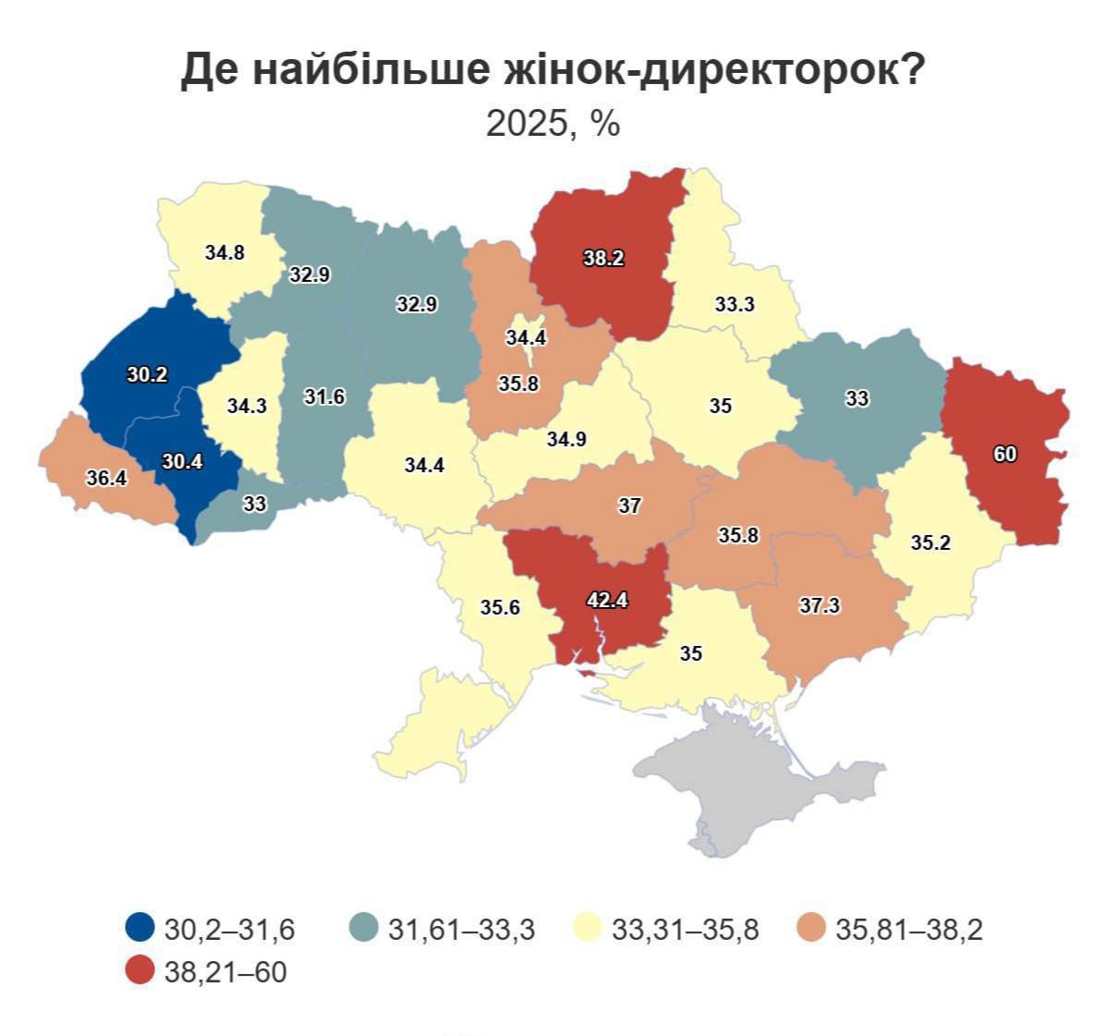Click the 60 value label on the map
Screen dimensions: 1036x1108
click(x=1005, y=454)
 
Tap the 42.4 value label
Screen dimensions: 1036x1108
click(x=607, y=600)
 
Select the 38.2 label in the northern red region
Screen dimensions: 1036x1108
click(x=603, y=259)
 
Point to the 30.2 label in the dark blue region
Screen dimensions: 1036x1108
click(x=147, y=375)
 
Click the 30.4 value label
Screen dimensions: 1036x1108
click(x=182, y=462)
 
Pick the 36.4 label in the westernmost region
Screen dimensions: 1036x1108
click(x=106, y=479)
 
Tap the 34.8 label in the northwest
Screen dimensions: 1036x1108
click(x=225, y=251)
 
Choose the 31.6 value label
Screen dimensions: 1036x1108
click(x=324, y=396)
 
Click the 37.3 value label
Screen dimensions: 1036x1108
click(x=820, y=605)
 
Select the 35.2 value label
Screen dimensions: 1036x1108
click(x=931, y=542)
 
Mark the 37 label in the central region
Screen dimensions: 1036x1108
click(x=629, y=506)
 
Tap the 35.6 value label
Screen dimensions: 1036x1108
click(x=500, y=607)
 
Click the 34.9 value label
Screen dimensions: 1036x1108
click(x=566, y=439)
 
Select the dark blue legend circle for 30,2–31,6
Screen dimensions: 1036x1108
click(x=140, y=929)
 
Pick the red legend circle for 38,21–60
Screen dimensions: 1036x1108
click(x=140, y=971)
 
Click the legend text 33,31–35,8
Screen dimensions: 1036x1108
click(x=685, y=929)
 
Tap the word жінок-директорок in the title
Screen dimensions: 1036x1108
click(x=711, y=72)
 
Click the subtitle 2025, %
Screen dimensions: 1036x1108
click(x=553, y=123)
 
